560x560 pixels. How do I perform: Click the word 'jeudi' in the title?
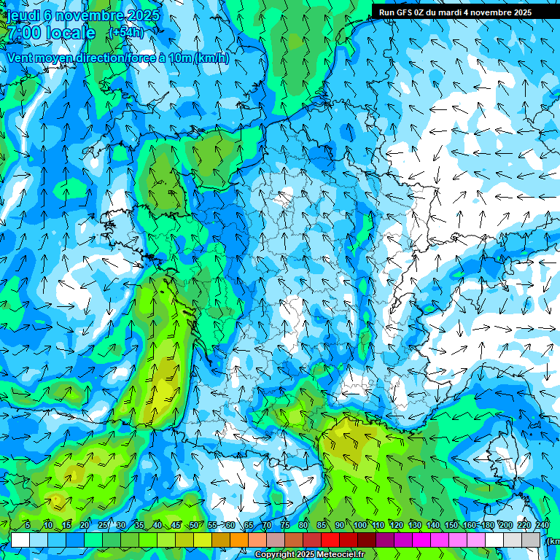[23, 15]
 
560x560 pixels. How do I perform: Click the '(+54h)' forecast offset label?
[126, 33]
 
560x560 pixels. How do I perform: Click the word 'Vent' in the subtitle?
[21, 58]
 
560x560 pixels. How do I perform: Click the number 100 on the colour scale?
[360, 526]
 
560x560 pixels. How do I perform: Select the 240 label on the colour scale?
[542, 526]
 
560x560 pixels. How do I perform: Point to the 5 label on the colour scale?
[28, 526]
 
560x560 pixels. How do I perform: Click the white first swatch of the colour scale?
[20, 540]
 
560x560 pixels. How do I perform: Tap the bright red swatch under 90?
[330, 540]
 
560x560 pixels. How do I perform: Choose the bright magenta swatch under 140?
[421, 540]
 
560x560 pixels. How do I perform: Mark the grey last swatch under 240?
[532, 540]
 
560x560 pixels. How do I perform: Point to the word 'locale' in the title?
[71, 33]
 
